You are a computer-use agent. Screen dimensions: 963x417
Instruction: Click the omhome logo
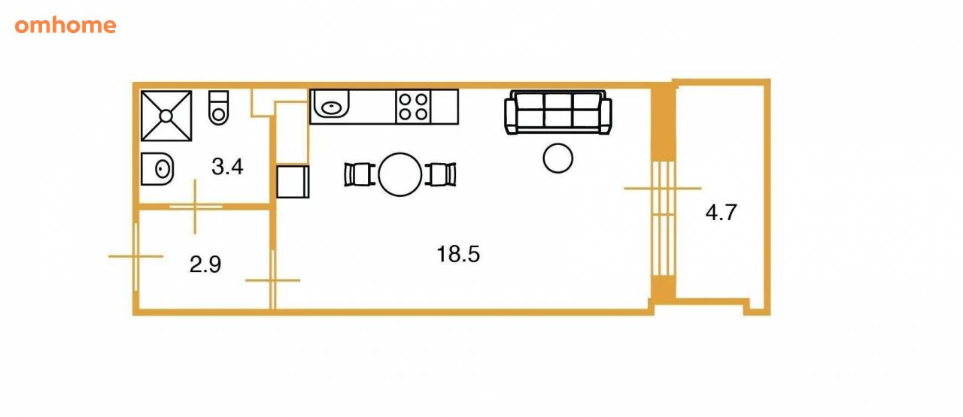coord(65,26)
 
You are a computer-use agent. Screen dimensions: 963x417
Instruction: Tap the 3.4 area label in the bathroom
coord(227,167)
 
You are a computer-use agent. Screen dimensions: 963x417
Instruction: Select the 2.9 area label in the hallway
coord(205,264)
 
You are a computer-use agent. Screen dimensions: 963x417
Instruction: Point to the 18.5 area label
coord(458,254)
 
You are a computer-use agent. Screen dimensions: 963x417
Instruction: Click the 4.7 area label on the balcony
coord(721,213)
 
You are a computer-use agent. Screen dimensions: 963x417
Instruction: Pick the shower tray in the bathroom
coord(166,116)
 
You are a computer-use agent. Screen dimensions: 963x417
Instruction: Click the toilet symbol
coord(218,107)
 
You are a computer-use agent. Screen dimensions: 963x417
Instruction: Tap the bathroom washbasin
coord(157,169)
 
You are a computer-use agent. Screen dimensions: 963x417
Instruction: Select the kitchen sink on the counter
coord(330,104)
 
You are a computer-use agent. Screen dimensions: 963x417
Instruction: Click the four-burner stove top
coord(413,107)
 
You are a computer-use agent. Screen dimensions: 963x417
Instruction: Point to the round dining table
coord(399,174)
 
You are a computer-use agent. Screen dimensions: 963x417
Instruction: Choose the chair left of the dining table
coord(360,174)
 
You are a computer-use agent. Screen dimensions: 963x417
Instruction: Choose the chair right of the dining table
coord(441,174)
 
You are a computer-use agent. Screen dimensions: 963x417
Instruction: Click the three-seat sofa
coord(558,113)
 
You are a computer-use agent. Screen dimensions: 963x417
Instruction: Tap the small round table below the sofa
coord(558,158)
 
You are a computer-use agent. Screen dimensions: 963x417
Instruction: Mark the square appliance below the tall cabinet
coord(293,182)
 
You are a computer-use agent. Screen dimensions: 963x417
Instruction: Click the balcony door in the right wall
coord(664,218)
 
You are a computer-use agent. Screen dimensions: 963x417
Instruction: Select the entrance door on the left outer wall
coord(136,256)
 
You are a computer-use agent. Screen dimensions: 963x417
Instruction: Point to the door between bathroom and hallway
coord(196,207)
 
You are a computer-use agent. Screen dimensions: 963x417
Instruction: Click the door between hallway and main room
coord(272,280)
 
